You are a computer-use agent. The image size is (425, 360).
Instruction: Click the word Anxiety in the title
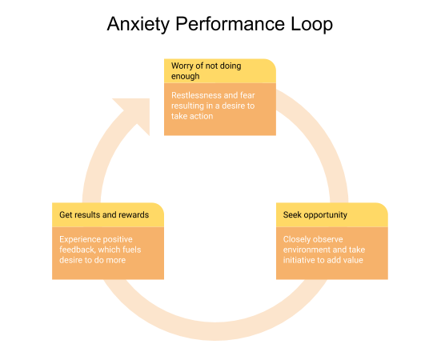138,24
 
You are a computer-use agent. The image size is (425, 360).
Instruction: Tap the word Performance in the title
231,24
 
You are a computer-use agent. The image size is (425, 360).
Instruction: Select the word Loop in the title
311,24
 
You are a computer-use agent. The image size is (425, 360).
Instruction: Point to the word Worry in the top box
182,66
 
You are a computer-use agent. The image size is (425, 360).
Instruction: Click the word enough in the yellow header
186,76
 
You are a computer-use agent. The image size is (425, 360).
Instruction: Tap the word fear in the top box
247,95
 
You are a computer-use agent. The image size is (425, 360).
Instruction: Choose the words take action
192,116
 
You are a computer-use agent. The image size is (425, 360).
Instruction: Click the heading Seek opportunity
315,215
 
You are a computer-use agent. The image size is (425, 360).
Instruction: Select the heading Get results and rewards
104,215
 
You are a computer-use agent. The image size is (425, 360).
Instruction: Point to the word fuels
132,250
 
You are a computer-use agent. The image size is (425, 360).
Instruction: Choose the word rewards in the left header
134,215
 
